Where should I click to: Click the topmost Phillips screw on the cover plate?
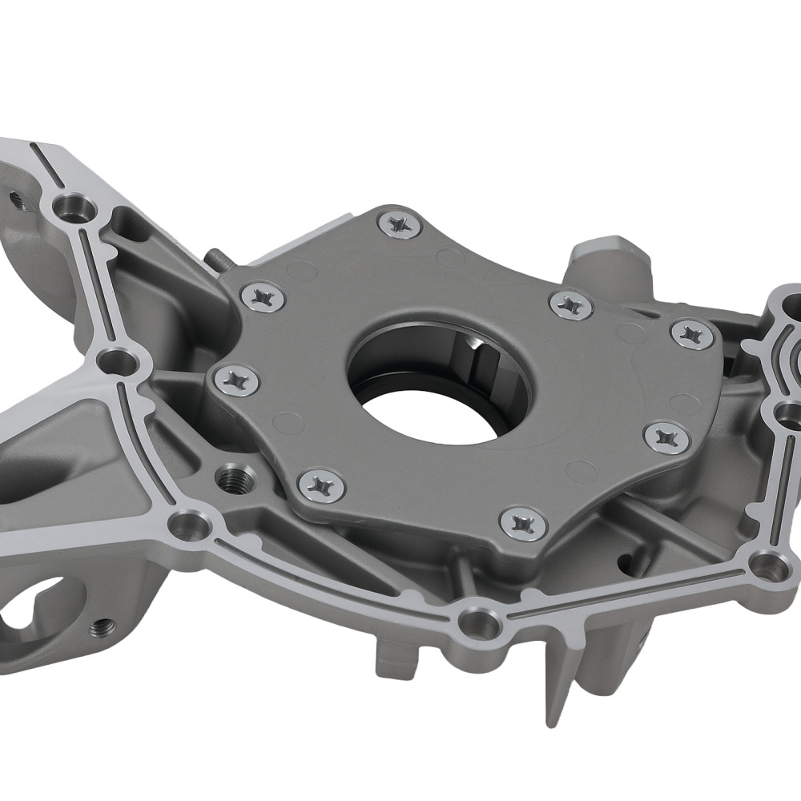pos(399,223)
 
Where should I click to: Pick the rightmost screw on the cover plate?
pos(691,334)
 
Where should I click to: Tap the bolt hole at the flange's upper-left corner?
pos(74,211)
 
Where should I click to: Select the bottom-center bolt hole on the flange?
pos(479,621)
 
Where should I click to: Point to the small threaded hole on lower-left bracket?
pos(102,626)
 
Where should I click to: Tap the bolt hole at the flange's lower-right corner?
pos(769,565)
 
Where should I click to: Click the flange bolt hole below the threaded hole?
pos(189,525)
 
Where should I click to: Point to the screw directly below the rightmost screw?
pos(666,437)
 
